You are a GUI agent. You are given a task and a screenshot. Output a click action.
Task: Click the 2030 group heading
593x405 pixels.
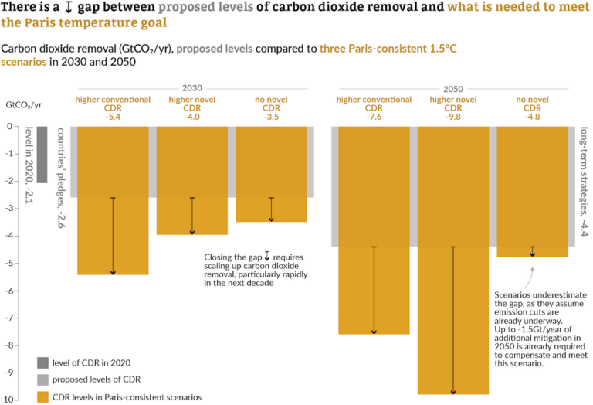coord(192,88)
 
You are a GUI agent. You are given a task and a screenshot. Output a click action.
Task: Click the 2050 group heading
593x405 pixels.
coord(453,88)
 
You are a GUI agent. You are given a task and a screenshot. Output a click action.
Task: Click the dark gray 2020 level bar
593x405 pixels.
coord(42,155)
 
